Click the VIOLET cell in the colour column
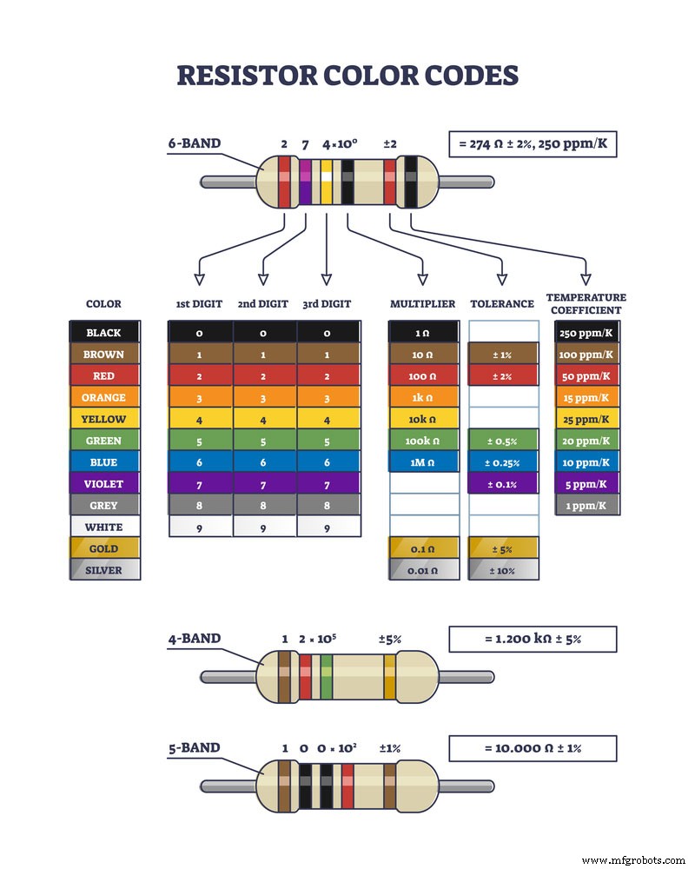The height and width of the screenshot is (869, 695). pyautogui.click(x=104, y=484)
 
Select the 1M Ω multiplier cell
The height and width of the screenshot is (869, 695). pyautogui.click(x=422, y=462)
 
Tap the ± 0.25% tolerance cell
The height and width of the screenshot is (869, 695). pyautogui.click(x=502, y=462)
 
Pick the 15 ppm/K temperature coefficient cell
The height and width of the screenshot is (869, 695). pyautogui.click(x=586, y=397)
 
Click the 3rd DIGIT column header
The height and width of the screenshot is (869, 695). pyautogui.click(x=327, y=304)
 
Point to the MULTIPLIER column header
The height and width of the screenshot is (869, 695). pyautogui.click(x=422, y=304)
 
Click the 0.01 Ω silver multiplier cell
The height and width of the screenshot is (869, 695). pyautogui.click(x=422, y=571)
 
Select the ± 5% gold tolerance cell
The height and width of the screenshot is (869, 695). pyautogui.click(x=502, y=549)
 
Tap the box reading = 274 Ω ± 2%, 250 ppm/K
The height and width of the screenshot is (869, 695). pyautogui.click(x=533, y=143)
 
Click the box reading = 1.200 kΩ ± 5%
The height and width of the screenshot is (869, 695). pyautogui.click(x=533, y=639)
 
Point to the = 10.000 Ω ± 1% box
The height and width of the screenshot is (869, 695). pyautogui.click(x=533, y=748)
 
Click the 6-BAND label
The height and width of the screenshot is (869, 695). pyautogui.click(x=195, y=143)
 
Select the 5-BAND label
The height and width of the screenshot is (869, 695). pyautogui.click(x=195, y=748)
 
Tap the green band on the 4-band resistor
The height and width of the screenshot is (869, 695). pyautogui.click(x=327, y=678)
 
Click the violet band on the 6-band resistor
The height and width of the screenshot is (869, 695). pyautogui.click(x=306, y=182)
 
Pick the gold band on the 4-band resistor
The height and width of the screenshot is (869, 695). pyautogui.click(x=389, y=678)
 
